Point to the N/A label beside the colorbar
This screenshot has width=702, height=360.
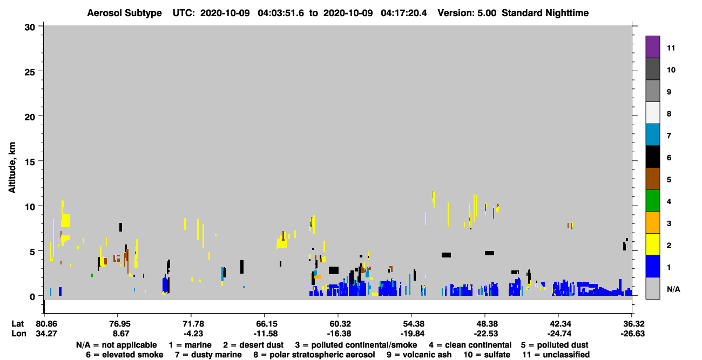[x=673, y=289]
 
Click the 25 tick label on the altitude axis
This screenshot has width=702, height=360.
[x=30, y=72]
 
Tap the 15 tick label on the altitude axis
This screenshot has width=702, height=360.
[x=30, y=162]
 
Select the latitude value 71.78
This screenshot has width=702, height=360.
[x=193, y=324]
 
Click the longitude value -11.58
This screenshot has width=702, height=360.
[x=266, y=334]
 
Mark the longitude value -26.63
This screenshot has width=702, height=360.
[x=633, y=334]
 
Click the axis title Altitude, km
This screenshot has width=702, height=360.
[x=12, y=168]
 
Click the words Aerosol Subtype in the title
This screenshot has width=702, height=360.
[x=124, y=13]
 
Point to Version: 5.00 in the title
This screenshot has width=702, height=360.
[x=467, y=13]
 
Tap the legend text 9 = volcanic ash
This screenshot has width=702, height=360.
[x=419, y=355]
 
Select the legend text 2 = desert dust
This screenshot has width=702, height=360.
[x=253, y=345]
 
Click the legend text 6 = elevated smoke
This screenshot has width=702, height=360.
[x=125, y=355]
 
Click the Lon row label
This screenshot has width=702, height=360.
[x=19, y=334]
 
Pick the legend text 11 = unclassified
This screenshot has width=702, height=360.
[x=556, y=355]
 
